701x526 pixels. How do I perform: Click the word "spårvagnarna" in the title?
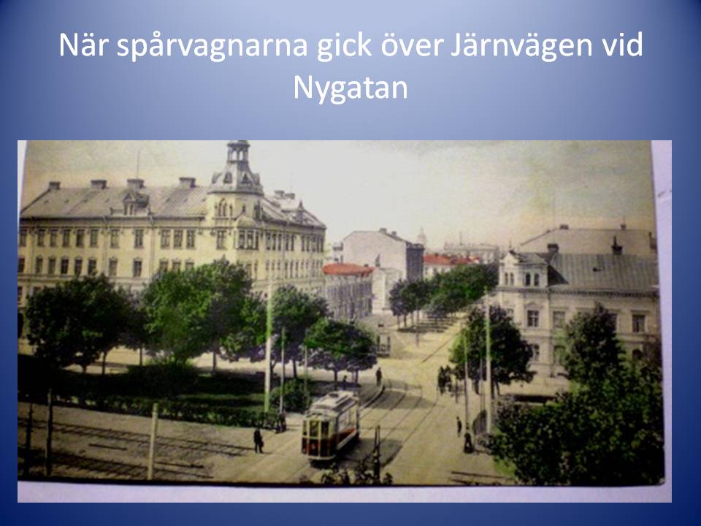(212, 45)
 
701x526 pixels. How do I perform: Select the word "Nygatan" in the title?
(350, 88)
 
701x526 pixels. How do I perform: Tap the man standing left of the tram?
(258, 440)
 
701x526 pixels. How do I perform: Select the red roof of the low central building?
(348, 269)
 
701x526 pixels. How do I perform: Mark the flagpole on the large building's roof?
(138, 164)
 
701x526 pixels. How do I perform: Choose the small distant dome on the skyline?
(421, 236)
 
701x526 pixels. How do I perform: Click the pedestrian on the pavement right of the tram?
(459, 426)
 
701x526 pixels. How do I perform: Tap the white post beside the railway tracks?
(153, 441)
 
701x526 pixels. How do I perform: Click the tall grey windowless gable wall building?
(383, 255)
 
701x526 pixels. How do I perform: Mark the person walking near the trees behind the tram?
(379, 376)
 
